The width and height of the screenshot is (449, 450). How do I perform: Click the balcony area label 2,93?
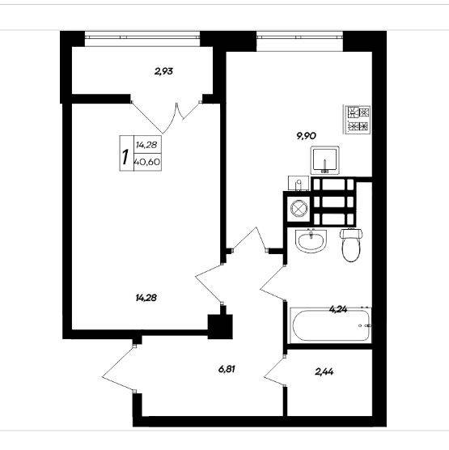point(163,71)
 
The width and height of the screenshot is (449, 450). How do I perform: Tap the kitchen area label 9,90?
point(307,135)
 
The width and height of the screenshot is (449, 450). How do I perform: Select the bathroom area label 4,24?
point(338,309)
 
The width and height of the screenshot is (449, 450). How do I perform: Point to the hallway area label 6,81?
point(227,369)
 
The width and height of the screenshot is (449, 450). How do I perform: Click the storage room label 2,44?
point(324,371)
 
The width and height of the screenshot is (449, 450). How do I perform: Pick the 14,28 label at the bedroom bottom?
point(146,298)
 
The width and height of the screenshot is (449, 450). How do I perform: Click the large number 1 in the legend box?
point(125,157)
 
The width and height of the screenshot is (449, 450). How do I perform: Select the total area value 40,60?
point(147,162)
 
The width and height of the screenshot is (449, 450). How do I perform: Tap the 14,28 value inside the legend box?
point(146,145)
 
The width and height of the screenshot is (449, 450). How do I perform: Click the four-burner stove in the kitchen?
point(358,120)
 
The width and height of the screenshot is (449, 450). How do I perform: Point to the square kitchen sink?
point(324,160)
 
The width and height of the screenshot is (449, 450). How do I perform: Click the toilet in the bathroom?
point(351,244)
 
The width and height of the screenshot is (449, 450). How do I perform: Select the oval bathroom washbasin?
point(311,241)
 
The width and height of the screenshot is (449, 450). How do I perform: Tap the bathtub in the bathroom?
point(331,325)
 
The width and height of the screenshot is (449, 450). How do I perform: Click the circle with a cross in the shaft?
point(299,207)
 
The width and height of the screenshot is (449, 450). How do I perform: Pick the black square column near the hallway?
point(220,327)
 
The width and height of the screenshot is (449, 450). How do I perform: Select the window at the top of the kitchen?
point(299,41)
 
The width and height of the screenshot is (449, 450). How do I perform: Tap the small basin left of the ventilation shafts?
point(299,184)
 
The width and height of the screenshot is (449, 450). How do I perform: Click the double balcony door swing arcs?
point(166,118)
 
